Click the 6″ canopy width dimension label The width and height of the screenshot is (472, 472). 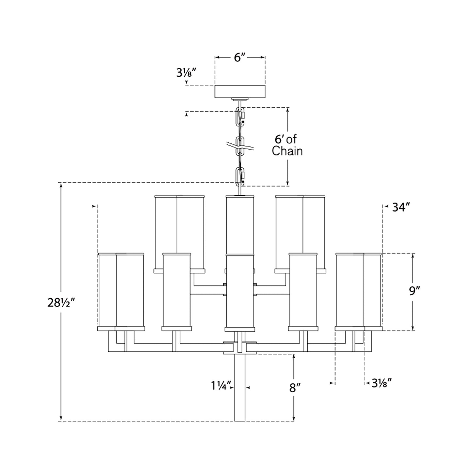[x=240, y=57]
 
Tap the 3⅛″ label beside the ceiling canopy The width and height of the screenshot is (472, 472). [x=186, y=73]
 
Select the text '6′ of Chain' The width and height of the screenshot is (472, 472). [x=287, y=145]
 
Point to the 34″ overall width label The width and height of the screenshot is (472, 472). [x=401, y=207]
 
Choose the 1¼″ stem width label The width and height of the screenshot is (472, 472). [x=221, y=386]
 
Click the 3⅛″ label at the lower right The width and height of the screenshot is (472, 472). [x=382, y=382]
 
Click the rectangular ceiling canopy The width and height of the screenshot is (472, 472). [x=240, y=91]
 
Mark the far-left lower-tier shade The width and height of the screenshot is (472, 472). [x=121, y=291]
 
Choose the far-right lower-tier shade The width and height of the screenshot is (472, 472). [x=358, y=291]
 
